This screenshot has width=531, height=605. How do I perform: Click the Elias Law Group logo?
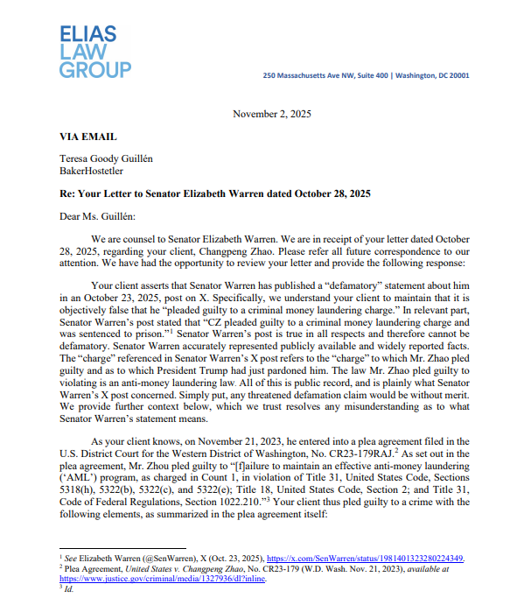[95, 52]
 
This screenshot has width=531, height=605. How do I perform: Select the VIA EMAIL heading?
[88, 137]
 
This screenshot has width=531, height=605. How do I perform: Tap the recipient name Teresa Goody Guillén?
[108, 158]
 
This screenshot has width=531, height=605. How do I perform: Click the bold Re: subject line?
[215, 193]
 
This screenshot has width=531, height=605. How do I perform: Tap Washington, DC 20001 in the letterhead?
[432, 75]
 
